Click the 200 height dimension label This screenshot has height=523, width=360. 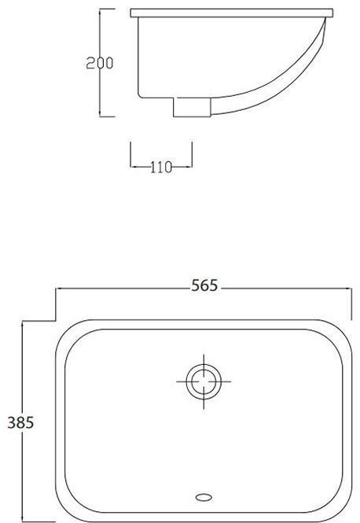(101, 64)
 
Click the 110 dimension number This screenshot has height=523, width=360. (161, 166)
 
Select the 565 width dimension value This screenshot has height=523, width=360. (204, 286)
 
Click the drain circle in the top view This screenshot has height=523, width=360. (204, 381)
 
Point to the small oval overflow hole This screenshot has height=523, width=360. (204, 497)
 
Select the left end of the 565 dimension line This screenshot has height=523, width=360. (54, 289)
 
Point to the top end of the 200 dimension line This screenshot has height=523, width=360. (101, 10)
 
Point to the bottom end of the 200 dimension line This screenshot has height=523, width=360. (101, 116)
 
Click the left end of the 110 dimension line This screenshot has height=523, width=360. (130, 166)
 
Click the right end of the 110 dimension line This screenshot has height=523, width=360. (192, 166)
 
